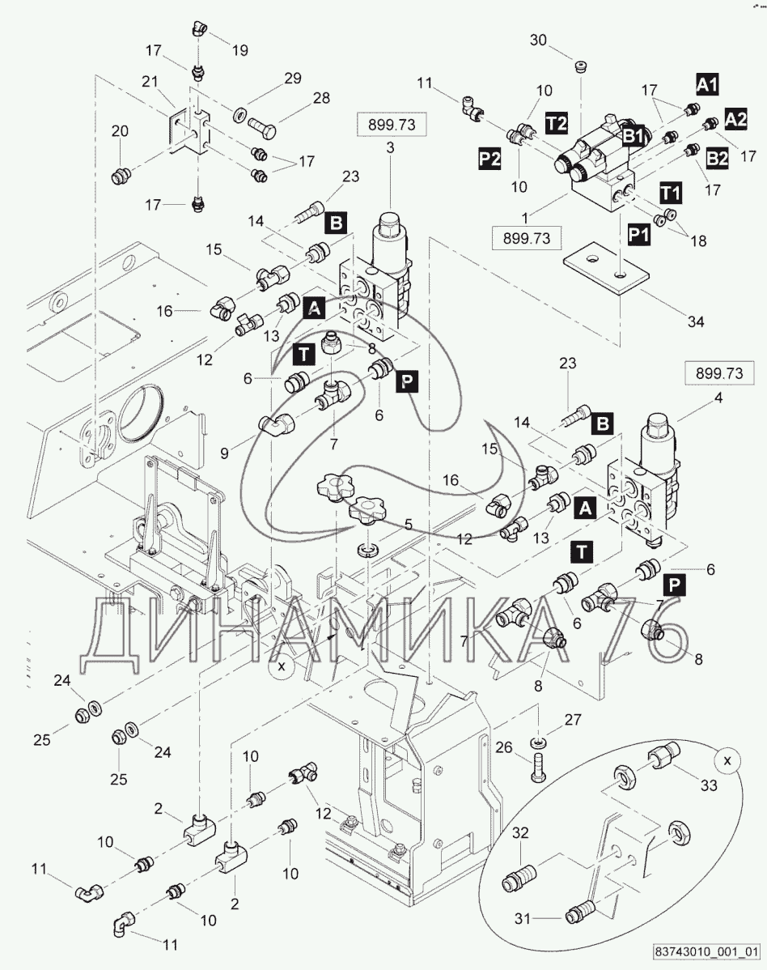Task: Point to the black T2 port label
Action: tap(556, 122)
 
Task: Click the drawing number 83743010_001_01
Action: tap(706, 951)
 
